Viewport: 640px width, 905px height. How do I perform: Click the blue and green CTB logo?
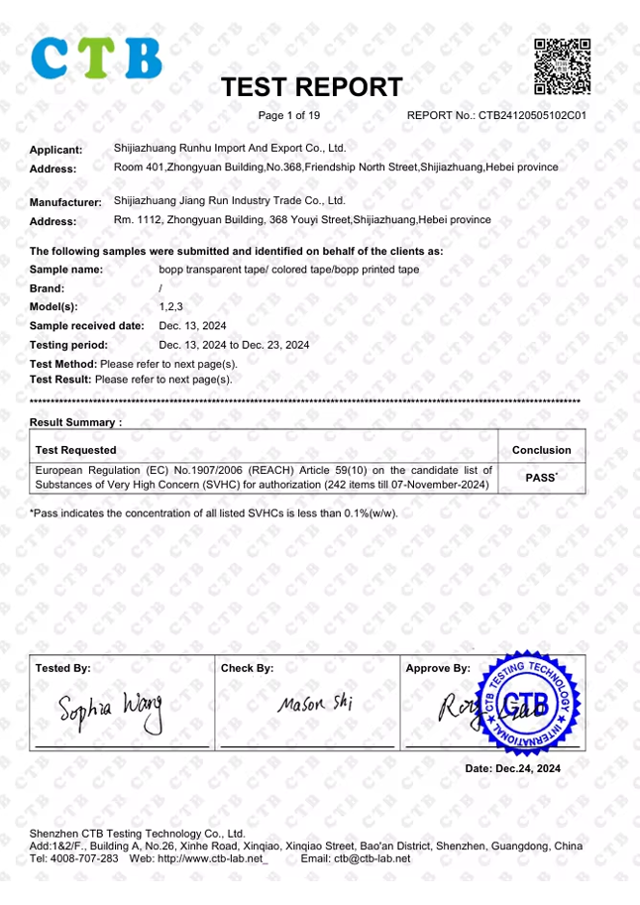(96, 58)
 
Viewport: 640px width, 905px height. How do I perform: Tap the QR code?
(563, 65)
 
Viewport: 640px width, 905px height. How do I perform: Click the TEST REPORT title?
(311, 87)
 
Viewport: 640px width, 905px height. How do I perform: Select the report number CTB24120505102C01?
(533, 116)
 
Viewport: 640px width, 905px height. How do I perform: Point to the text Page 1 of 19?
(289, 116)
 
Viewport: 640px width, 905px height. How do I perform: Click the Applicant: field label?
(55, 151)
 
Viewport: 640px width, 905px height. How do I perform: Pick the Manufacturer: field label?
(65, 202)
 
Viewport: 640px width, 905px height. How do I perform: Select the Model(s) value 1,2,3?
(170, 306)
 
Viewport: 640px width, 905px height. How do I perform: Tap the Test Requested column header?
(75, 450)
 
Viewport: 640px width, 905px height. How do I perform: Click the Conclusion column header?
(541, 450)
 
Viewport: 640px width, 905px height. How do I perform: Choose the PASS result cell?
(541, 478)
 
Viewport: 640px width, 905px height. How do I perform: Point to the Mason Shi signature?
(314, 705)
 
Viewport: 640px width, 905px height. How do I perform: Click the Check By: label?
(247, 669)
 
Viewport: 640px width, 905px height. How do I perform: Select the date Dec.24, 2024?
(512, 769)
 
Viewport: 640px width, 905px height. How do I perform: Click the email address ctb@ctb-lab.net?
(372, 858)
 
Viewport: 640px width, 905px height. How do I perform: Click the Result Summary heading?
(75, 422)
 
